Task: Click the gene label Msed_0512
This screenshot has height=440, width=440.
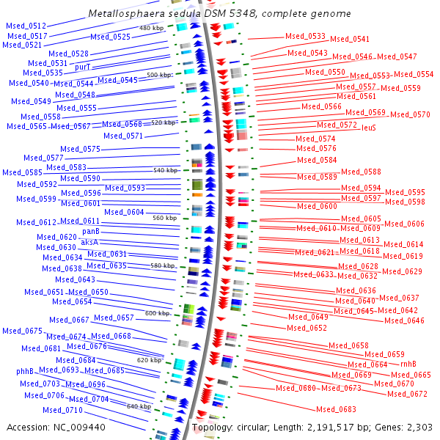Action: pyautogui.click(x=26, y=26)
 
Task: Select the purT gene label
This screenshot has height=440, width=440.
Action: pyautogui.click(x=83, y=67)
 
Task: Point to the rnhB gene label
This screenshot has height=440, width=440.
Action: pyautogui.click(x=408, y=364)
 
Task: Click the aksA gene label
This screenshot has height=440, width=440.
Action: pyautogui.click(x=89, y=242)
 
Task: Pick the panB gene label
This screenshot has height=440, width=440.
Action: pyautogui.click(x=91, y=232)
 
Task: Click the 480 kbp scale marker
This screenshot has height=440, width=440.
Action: pyautogui.click(x=151, y=28)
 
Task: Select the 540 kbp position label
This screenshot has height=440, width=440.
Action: pyautogui.click(x=165, y=170)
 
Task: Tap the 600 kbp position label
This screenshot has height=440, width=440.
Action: pyautogui.click(x=157, y=313)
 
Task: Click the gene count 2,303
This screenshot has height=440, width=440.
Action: pyautogui.click(x=418, y=427)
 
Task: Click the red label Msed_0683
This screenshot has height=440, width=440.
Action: pyautogui.click(x=336, y=409)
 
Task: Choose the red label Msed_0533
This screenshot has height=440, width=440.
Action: pyautogui.click(x=306, y=36)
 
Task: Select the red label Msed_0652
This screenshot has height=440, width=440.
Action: pyautogui.click(x=307, y=328)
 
